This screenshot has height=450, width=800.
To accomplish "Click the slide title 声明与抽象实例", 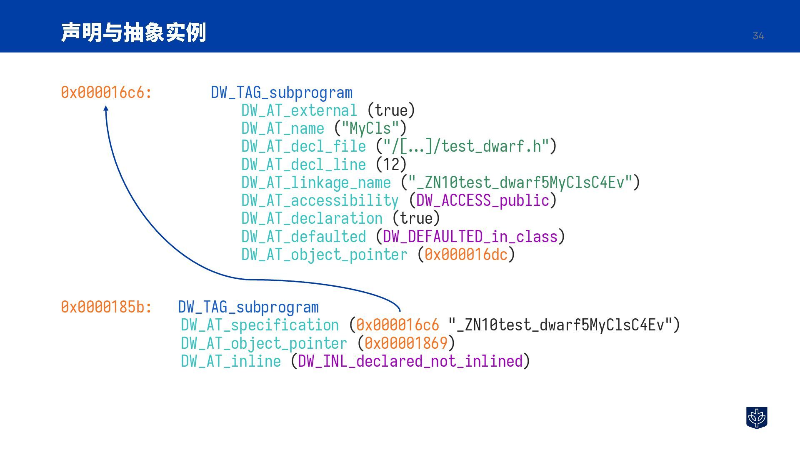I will pyautogui.click(x=133, y=32).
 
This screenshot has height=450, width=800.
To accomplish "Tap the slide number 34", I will pyautogui.click(x=758, y=36).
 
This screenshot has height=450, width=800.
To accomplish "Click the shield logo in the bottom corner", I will pyautogui.click(x=756, y=417).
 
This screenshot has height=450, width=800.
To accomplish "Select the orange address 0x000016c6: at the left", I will pyautogui.click(x=106, y=92).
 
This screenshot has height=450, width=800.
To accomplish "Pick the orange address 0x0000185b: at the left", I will pyautogui.click(x=106, y=307).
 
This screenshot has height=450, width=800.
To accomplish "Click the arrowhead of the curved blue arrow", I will pyautogui.click(x=106, y=109).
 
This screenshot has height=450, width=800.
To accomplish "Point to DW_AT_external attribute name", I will pyautogui.click(x=299, y=110).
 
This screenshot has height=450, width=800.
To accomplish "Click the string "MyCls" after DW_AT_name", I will pyautogui.click(x=370, y=128).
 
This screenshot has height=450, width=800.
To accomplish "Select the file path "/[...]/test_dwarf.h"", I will pyautogui.click(x=466, y=146).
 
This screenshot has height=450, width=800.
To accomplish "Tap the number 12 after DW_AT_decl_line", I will pyautogui.click(x=391, y=165).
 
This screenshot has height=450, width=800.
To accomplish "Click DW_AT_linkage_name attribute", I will pyautogui.click(x=316, y=182).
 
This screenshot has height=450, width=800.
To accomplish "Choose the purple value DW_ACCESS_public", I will pyautogui.click(x=482, y=200).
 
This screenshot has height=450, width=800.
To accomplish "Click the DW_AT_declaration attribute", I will pyautogui.click(x=312, y=218).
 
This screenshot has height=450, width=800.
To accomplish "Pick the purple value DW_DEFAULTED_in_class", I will pyautogui.click(x=470, y=237).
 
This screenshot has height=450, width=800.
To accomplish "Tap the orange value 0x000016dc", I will pyautogui.click(x=466, y=255).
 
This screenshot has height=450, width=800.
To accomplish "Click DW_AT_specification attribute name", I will pyautogui.click(x=260, y=325).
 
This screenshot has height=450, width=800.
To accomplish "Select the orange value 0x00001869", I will pyautogui.click(x=406, y=343).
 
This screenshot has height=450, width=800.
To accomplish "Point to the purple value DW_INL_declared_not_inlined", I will pyautogui.click(x=410, y=361).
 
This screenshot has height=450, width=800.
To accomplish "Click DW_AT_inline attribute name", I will pyautogui.click(x=231, y=361).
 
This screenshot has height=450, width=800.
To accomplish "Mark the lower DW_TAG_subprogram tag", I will pyautogui.click(x=248, y=307).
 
